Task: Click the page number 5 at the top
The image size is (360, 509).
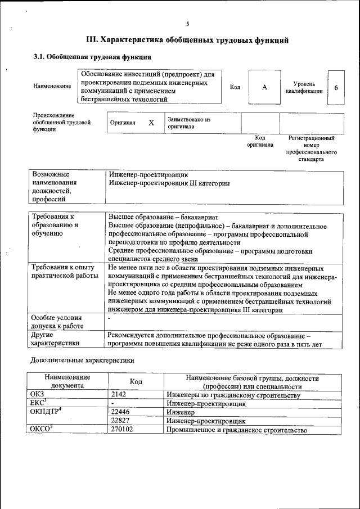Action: tap(187, 23)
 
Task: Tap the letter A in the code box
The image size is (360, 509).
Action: tap(264, 87)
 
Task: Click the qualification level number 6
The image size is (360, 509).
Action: tap(336, 87)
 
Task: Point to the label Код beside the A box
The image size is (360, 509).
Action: tap(235, 87)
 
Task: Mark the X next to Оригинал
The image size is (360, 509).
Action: tap(151, 123)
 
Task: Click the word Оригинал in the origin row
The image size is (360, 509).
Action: tap(123, 123)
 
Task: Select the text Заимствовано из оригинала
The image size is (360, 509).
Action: tap(188, 123)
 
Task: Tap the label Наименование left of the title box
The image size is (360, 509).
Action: tap(52, 86)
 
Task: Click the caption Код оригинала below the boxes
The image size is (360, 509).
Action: tap(260, 141)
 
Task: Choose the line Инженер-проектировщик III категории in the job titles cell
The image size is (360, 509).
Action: tap(169, 183)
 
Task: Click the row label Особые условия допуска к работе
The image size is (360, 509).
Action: tap(57, 322)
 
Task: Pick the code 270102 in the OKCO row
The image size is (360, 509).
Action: tap(123, 430)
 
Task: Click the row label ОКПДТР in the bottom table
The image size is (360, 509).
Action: tap(45, 412)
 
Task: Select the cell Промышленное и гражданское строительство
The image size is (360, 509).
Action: tap(237, 430)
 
